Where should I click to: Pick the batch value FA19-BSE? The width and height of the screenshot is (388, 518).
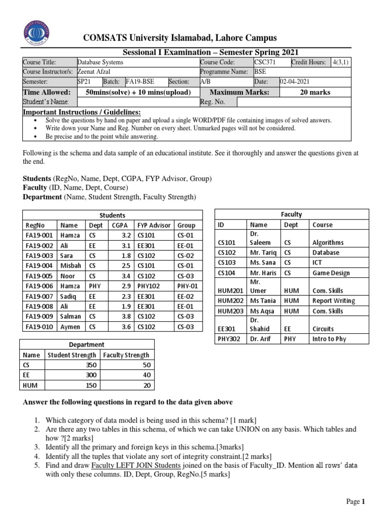click(139, 81)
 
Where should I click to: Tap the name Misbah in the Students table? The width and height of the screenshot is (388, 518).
click(70, 266)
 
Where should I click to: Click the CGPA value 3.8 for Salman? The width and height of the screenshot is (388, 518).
click(126, 317)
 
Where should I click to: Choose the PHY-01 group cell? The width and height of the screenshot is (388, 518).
click(187, 286)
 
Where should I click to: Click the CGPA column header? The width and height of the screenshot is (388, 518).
click(120, 225)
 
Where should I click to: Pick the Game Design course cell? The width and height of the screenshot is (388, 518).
click(331, 273)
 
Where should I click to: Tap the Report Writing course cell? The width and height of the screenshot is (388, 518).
click(334, 300)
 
